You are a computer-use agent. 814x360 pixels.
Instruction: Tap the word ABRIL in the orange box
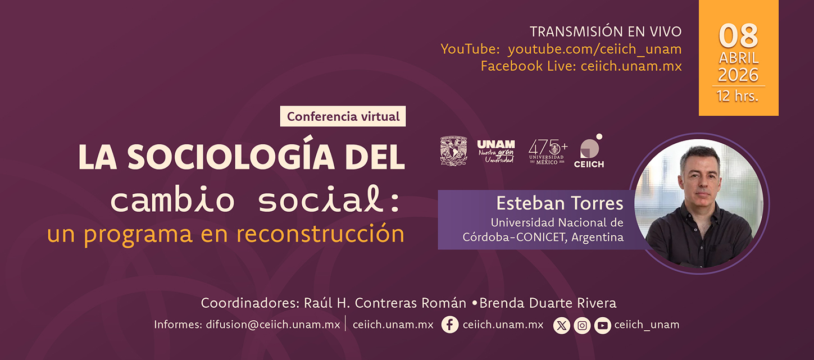[x=738, y=58]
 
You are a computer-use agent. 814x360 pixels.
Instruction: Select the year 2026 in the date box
[x=738, y=75]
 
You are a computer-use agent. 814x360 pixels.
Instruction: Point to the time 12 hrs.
[x=738, y=96]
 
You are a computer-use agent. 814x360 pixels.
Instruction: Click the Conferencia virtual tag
[x=343, y=117]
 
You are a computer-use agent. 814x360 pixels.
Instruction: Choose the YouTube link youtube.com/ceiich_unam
[x=594, y=49]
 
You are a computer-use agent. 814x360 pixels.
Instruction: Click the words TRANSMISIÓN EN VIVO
[x=606, y=31]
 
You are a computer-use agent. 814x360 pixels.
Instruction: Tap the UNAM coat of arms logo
[x=453, y=151]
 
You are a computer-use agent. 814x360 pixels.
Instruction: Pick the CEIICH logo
[x=589, y=151]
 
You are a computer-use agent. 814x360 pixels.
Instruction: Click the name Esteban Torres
[x=560, y=203]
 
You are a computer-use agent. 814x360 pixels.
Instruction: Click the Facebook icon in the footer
[x=450, y=325]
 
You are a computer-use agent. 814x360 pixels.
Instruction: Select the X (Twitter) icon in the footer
[x=561, y=325]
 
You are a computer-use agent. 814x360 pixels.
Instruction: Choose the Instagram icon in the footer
[x=582, y=325]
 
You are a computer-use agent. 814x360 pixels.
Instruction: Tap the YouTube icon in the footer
[x=602, y=325]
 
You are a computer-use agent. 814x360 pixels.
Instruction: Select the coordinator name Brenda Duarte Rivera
[x=548, y=303]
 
